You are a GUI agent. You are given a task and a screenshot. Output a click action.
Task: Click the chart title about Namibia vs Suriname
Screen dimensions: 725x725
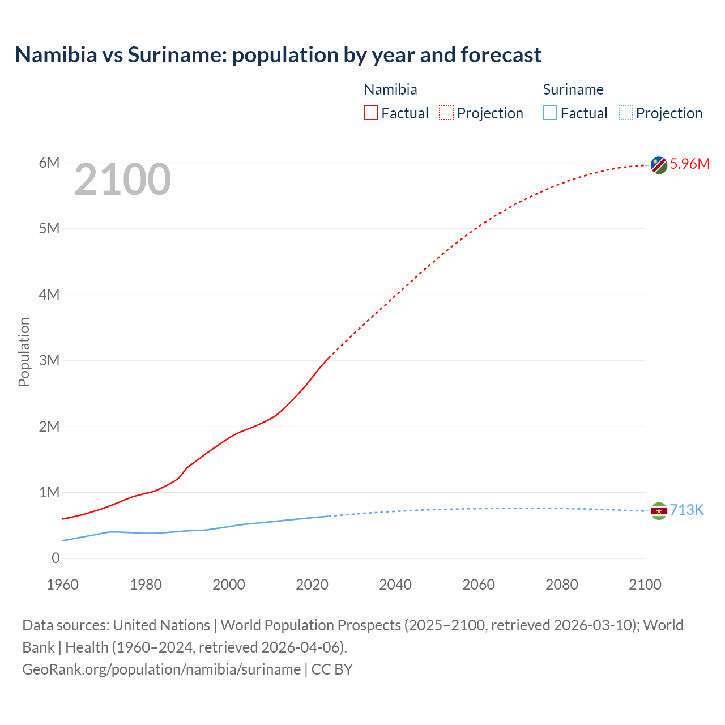tap(278, 55)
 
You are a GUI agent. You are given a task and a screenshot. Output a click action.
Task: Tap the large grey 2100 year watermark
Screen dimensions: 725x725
tap(122, 180)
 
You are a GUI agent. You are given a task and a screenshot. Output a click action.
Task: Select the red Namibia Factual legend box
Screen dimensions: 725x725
tap(371, 113)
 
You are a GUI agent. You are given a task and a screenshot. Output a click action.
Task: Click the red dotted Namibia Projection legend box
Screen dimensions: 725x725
tap(446, 113)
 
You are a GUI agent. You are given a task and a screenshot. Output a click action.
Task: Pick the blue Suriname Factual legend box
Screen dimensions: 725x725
tap(550, 113)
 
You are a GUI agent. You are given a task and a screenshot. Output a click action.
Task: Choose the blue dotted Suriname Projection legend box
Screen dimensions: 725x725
tap(625, 113)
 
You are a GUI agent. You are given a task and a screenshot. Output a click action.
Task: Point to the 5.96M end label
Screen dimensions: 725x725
tap(689, 164)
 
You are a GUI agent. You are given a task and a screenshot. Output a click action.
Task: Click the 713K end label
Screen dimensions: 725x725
tap(686, 510)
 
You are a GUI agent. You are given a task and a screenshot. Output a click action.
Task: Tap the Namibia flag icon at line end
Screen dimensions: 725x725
tap(659, 165)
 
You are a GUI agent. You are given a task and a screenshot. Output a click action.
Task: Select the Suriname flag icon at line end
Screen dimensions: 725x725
tap(659, 511)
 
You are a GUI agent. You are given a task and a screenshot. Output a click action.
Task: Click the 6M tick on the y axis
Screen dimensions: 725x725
tap(49, 163)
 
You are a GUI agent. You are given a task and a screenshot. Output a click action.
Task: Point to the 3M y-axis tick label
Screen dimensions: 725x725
tap(49, 361)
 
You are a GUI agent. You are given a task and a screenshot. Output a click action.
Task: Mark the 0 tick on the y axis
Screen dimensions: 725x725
tap(56, 558)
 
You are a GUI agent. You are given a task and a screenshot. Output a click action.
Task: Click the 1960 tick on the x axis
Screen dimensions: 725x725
tap(62, 585)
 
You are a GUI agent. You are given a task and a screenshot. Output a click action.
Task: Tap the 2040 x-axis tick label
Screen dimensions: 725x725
tap(395, 585)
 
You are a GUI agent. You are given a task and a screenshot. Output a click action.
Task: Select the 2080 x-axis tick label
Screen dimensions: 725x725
tap(562, 585)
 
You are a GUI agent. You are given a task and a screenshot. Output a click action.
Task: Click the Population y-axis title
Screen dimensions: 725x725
tap(24, 352)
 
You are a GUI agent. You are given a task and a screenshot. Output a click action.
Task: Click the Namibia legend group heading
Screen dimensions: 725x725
tap(390, 89)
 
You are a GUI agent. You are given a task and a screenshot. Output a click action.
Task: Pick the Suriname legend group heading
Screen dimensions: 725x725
tap(573, 89)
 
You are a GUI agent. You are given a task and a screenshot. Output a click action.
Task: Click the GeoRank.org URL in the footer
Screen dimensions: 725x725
tap(161, 669)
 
